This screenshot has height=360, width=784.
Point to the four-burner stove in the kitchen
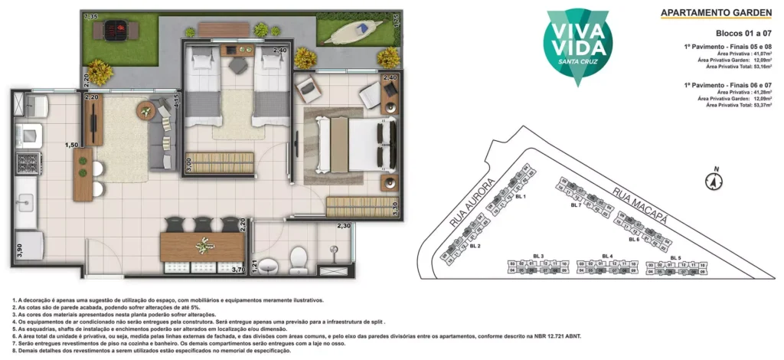tap(22, 165)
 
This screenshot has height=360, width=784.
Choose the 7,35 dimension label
tap(90, 16)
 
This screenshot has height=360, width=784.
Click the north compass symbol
tap(714, 182)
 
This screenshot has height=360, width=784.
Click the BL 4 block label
tap(607, 256)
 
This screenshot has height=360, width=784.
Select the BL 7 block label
tap(576, 205)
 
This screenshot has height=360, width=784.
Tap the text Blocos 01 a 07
tap(743, 34)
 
